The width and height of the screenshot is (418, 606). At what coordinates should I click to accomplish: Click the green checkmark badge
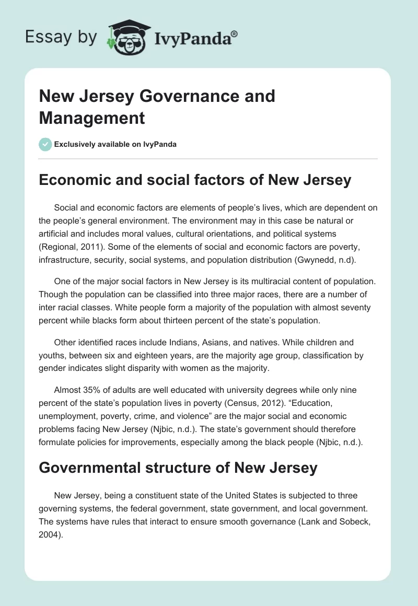coord(45,144)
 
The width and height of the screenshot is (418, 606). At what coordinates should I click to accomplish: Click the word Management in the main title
coord(91,118)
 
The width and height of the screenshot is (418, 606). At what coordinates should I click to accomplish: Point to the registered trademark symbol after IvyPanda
coord(235,33)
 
